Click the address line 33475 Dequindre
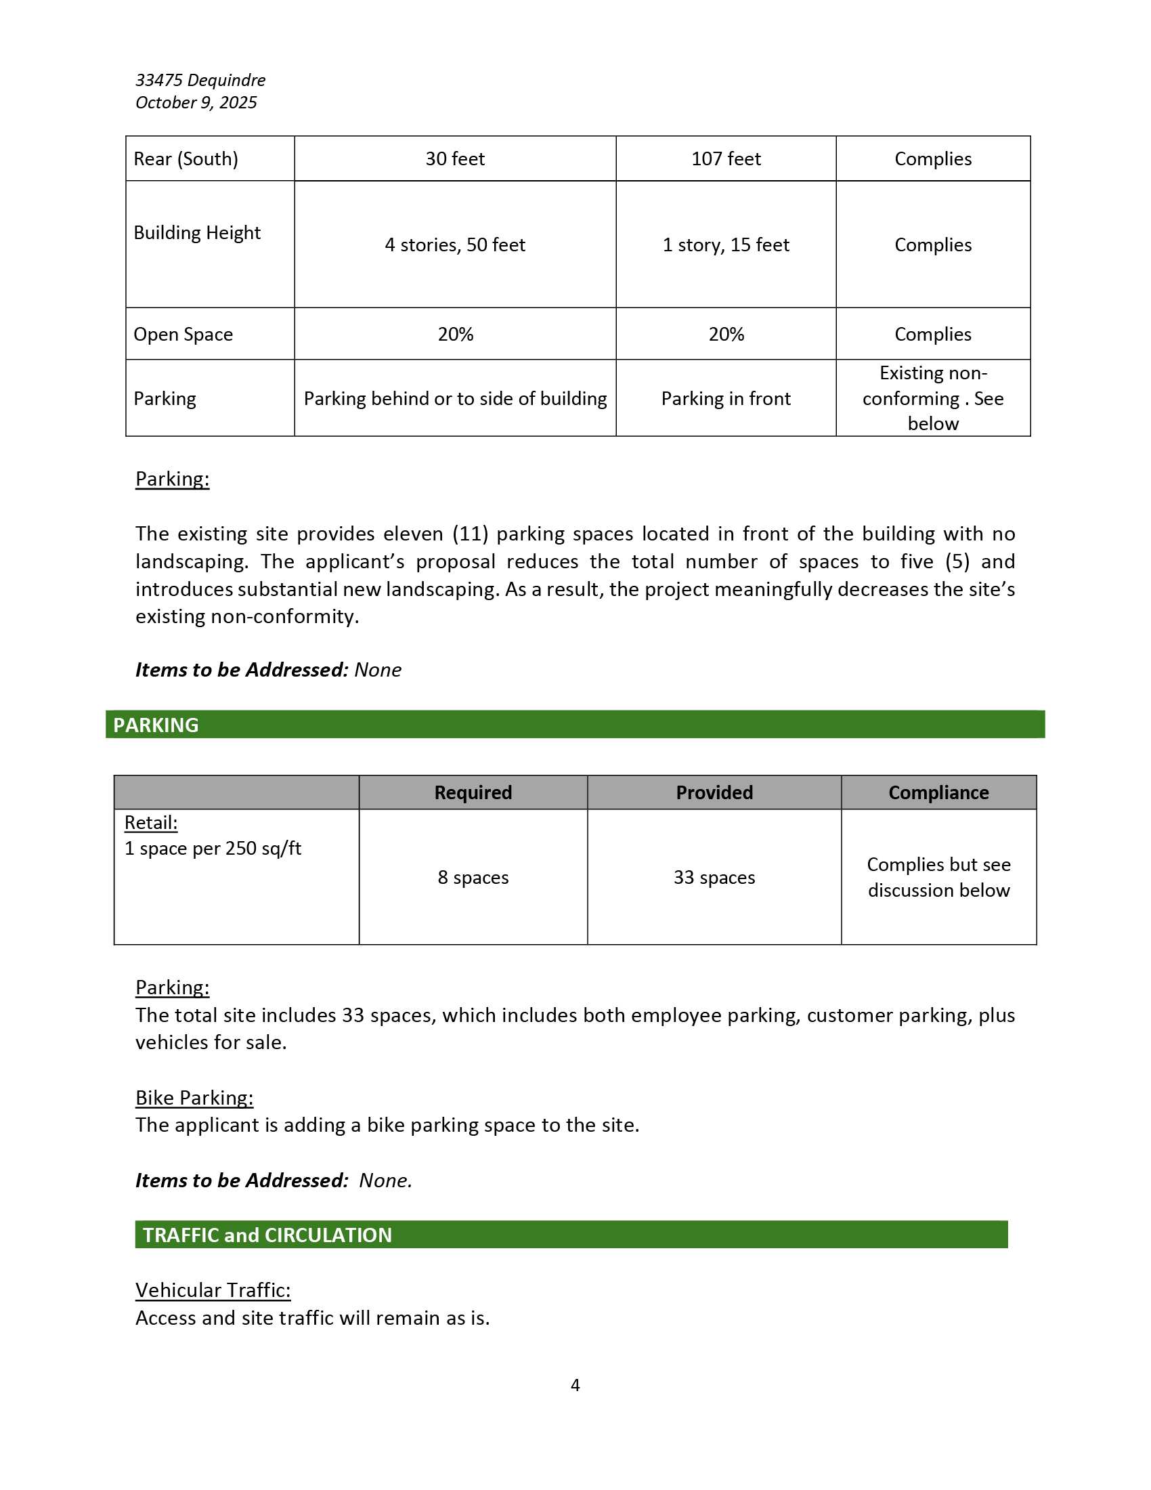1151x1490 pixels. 200,80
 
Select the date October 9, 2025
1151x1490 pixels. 196,102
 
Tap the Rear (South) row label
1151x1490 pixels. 186,159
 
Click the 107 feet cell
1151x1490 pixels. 726,159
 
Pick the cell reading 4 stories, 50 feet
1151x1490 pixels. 455,245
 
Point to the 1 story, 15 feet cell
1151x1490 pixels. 726,245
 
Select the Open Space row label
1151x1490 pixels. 183,335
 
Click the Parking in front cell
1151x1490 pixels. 726,398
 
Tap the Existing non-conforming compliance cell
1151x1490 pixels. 932,398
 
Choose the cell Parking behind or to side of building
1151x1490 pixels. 455,398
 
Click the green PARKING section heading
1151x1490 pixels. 156,725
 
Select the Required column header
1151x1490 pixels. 473,792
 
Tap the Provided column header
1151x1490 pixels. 714,792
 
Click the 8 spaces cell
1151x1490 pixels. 473,877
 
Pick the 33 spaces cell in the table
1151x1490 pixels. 714,877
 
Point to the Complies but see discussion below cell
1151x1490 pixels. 938,877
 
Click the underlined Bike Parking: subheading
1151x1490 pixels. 194,1098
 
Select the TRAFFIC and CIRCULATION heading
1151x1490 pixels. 267,1235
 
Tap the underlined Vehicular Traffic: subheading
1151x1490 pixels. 213,1290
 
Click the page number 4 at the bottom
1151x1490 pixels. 575,1385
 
